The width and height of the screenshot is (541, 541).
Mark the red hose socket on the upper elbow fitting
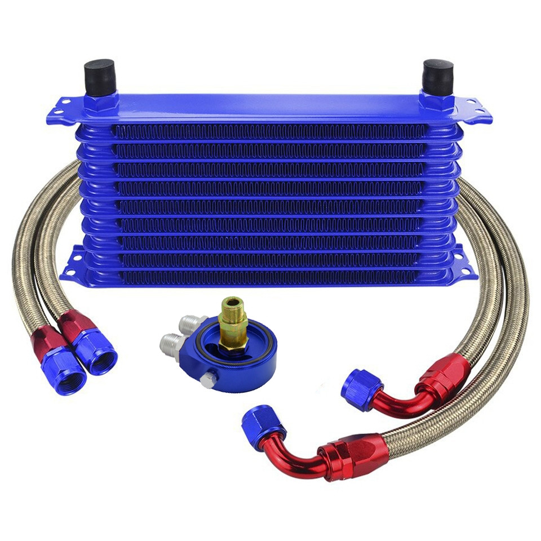pos(445,372)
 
